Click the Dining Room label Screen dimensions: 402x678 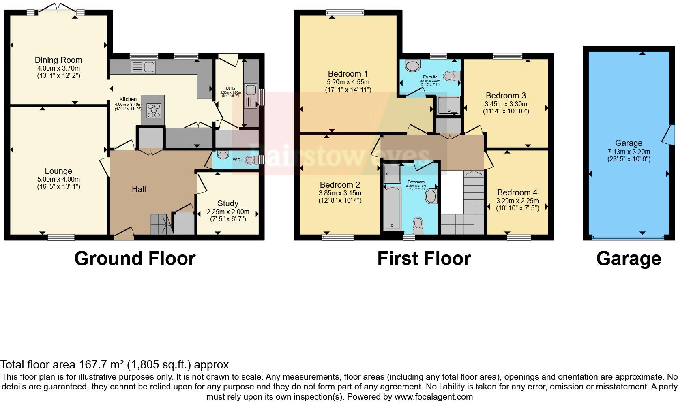(x=58, y=60)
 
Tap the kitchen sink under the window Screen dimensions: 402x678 (x=143, y=67)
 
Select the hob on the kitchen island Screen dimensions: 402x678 (x=154, y=110)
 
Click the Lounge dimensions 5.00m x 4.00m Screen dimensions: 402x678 (x=58, y=179)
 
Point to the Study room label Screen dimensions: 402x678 (x=228, y=203)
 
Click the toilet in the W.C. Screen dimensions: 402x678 (x=251, y=160)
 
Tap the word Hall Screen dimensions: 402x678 (x=139, y=189)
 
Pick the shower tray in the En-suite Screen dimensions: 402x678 (x=448, y=105)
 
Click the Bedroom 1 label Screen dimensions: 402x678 (x=348, y=74)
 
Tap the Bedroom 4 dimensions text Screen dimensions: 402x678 (x=518, y=201)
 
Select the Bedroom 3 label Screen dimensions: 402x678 (x=506, y=96)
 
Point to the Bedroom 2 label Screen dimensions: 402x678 (x=340, y=185)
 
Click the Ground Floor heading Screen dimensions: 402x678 (x=135, y=259)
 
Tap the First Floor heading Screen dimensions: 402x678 (x=424, y=259)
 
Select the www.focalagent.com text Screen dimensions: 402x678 (x=433, y=397)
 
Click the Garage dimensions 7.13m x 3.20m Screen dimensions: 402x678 (x=629, y=151)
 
